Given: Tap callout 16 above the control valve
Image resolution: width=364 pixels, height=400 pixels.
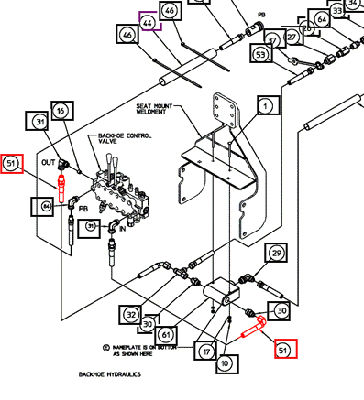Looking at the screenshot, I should coord(61,111).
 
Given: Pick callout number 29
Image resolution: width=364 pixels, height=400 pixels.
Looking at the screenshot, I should coord(275,252).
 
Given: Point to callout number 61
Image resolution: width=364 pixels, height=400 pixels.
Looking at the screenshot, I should coord(165,334).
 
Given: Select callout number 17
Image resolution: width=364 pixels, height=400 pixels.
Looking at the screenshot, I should coord(207,350).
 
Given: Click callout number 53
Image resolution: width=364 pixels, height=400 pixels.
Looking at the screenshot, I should coord(261,55).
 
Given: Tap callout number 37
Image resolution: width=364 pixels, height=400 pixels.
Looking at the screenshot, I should coord(273,40).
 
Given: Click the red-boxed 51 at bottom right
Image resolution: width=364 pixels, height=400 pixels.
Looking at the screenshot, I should coord(285,348).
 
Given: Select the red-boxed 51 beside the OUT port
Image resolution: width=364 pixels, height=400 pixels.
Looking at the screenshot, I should coord(12,164).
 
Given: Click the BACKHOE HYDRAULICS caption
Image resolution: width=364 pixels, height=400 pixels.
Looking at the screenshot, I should coord(107,375).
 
